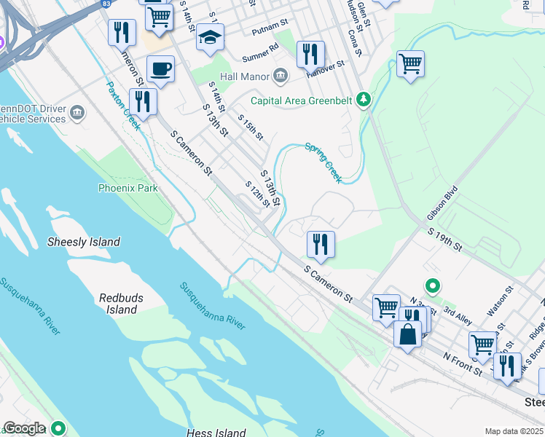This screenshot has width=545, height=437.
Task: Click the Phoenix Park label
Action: tap(128, 188)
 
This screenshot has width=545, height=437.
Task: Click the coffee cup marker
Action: tap(160, 70)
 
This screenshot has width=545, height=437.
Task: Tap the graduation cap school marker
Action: tap(210, 38)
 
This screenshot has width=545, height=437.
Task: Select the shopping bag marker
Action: tap(407, 334)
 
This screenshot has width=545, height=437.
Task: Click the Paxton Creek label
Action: tap(123, 105)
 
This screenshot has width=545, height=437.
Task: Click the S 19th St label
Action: tap(445, 239)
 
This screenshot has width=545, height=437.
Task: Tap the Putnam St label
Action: tap(267, 31)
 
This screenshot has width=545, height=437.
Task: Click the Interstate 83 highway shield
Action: tap(106, 4)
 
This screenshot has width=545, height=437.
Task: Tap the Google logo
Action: tap(24, 428)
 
